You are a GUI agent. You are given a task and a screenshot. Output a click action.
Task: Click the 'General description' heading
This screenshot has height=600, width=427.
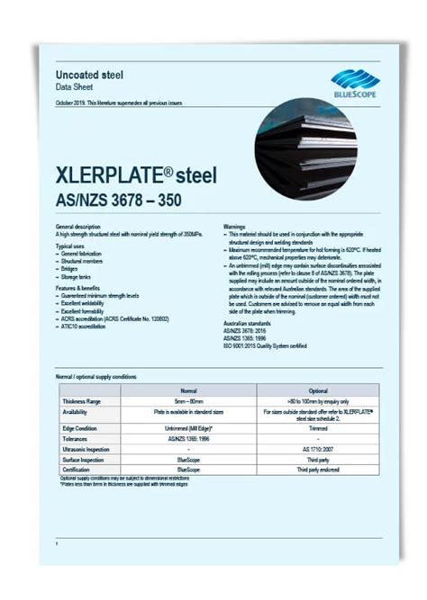78,227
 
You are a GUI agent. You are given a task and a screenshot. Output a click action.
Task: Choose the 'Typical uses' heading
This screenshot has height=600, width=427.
72,245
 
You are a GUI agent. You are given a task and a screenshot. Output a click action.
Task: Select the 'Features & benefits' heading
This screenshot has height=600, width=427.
80,285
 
